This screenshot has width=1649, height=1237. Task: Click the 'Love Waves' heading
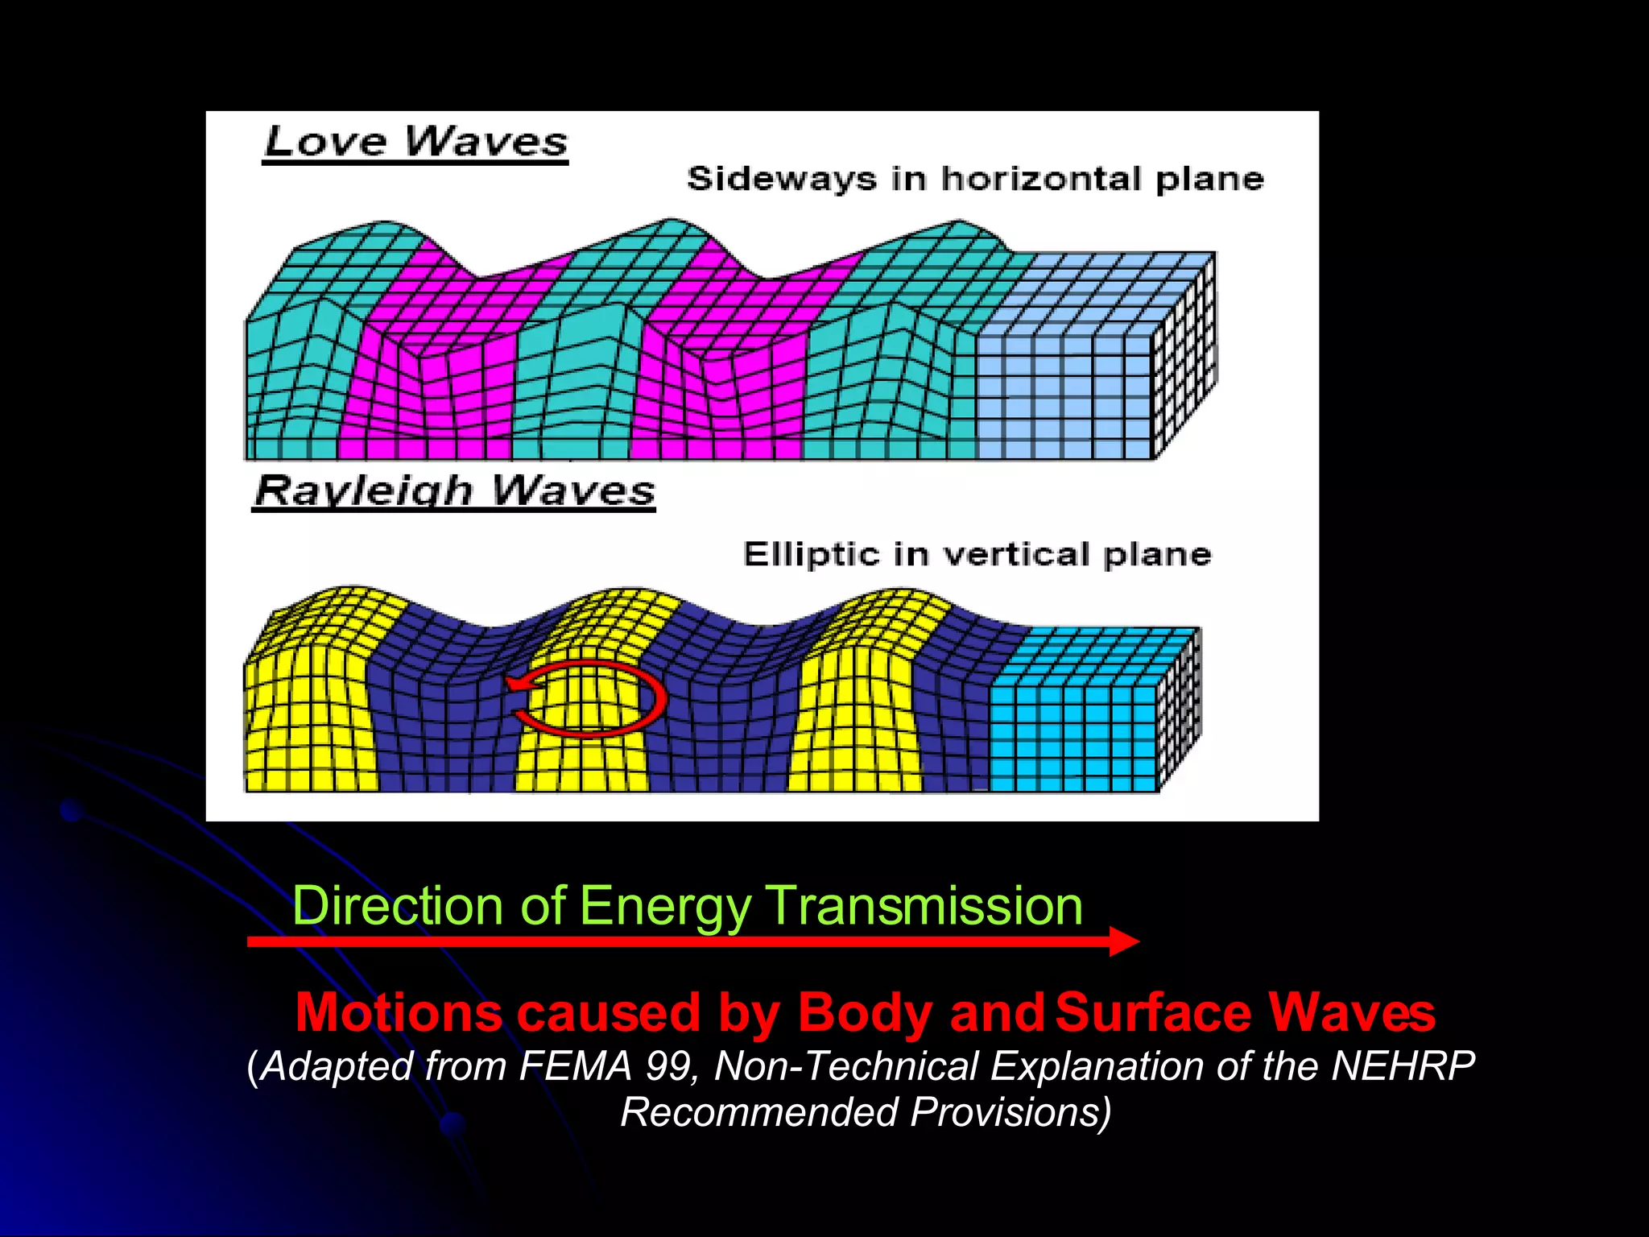(415, 143)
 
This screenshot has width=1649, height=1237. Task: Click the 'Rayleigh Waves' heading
(455, 490)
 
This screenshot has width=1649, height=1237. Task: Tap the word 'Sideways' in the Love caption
(781, 179)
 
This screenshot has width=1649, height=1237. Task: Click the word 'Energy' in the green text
(665, 905)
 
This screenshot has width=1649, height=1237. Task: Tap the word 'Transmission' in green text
(924, 905)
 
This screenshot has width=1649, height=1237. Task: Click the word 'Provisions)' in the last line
(1010, 1112)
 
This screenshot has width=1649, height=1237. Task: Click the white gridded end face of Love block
(1184, 362)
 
